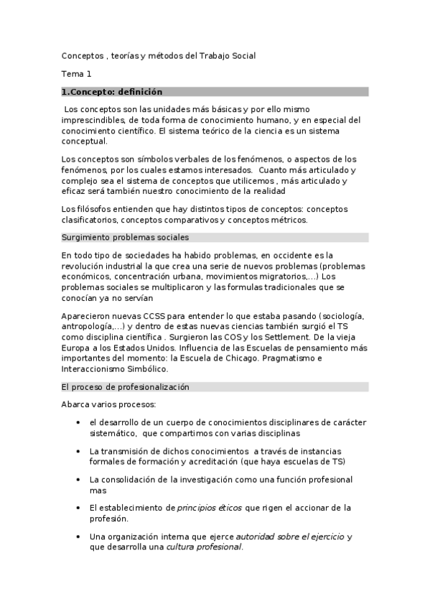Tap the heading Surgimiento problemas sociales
[x=125, y=237]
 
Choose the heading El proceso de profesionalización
[x=125, y=386]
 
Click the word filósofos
[x=93, y=209]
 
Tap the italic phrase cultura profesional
[x=204, y=547]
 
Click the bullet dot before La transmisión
[x=78, y=451]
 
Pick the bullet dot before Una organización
[x=78, y=536]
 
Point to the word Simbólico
[x=147, y=369]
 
